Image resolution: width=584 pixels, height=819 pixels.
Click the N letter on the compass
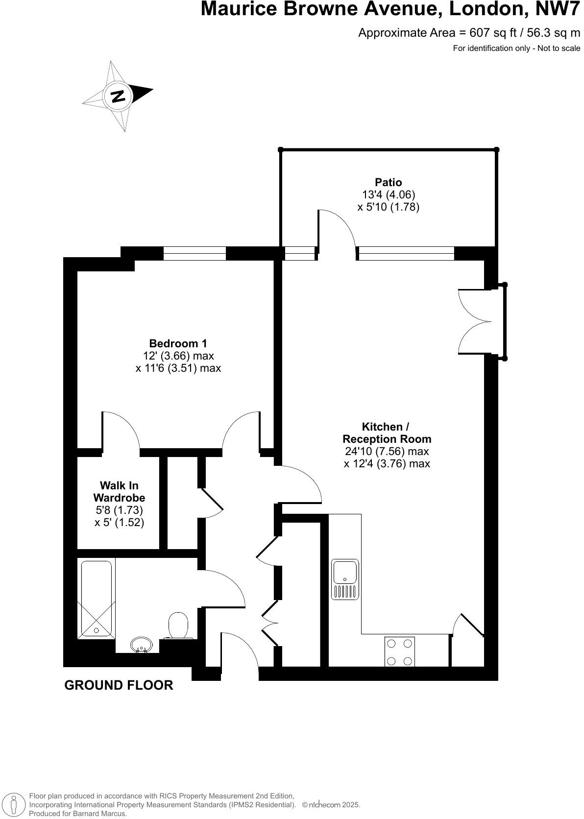[x=118, y=96]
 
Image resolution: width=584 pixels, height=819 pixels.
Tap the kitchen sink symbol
[x=345, y=579]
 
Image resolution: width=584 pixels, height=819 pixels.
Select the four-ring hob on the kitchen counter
[x=399, y=652]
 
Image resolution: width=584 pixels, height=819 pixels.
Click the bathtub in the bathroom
[x=96, y=599]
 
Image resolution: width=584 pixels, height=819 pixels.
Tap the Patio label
[x=389, y=182]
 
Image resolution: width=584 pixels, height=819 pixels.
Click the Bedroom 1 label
[x=178, y=343]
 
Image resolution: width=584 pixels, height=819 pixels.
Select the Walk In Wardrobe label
[x=119, y=491]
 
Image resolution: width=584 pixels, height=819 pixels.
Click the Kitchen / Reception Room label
[x=387, y=433]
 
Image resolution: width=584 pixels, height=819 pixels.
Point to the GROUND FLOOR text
[x=119, y=685]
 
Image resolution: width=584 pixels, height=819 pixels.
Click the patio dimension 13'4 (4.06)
[x=389, y=194]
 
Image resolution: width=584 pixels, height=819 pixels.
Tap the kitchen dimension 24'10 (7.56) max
[x=387, y=451]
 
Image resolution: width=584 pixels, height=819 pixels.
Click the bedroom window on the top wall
[x=195, y=253]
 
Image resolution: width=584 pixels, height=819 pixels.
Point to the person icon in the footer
[x=15, y=804]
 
